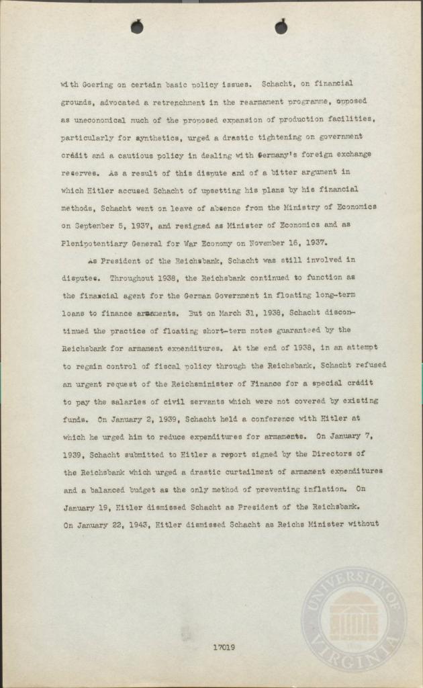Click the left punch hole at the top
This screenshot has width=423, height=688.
[x=137, y=27]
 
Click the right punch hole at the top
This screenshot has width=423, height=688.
[x=281, y=27]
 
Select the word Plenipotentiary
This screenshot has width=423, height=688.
[x=98, y=242]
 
